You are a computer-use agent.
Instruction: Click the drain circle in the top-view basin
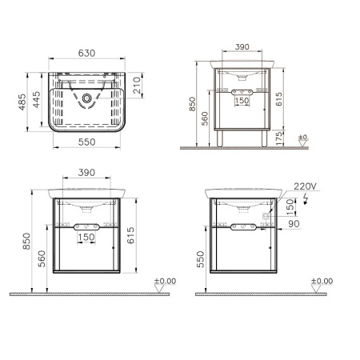86,100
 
